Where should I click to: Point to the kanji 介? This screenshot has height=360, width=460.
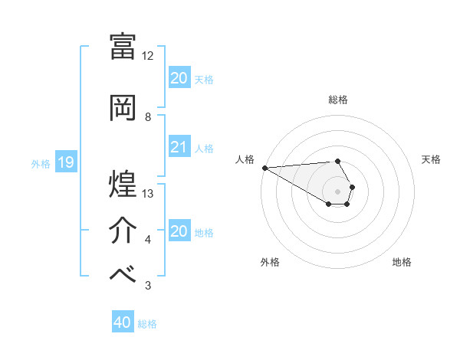(123, 229)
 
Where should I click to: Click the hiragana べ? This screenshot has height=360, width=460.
(123, 273)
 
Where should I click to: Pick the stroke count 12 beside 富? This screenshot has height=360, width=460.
(148, 56)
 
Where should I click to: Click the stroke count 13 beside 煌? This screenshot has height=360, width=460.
(148, 193)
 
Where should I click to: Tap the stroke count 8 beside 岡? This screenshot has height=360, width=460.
(148, 117)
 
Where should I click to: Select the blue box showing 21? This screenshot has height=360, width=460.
(179, 147)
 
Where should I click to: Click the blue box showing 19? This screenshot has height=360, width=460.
(66, 162)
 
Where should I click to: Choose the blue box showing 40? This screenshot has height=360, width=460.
(123, 323)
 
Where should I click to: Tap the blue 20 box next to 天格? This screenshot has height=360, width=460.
(179, 78)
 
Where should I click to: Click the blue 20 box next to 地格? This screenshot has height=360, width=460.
(179, 231)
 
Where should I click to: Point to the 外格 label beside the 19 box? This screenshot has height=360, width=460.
(41, 163)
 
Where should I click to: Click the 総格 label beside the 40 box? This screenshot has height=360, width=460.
(147, 324)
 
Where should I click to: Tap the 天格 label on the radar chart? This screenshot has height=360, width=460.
(432, 159)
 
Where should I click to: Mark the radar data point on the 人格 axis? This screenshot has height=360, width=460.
(264, 168)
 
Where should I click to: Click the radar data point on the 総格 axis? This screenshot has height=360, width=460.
(337, 161)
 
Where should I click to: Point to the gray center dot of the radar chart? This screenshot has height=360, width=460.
(337, 191)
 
